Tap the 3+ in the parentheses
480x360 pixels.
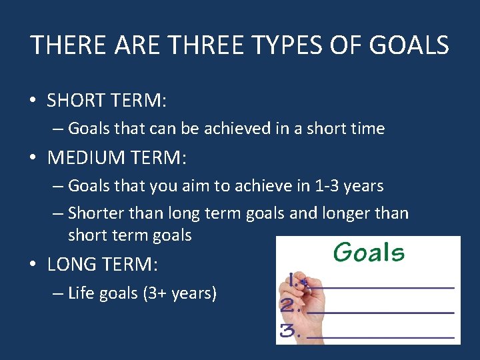click(155, 293)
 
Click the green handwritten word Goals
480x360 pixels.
click(369, 253)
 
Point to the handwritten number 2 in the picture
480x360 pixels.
click(289, 307)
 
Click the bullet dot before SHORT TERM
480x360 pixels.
click(33, 101)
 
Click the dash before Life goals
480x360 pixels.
click(58, 293)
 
